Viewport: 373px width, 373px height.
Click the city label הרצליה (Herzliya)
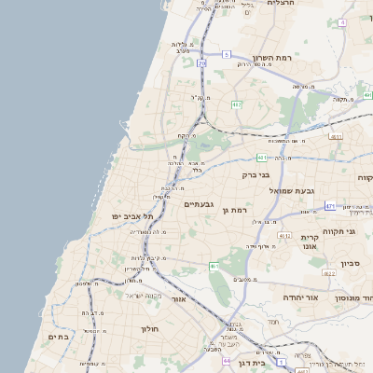(x=280, y=4)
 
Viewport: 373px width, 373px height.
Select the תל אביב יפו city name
(x=120, y=216)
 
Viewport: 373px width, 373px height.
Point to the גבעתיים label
(x=200, y=204)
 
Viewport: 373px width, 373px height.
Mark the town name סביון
(x=356, y=263)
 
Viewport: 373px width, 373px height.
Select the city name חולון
(x=151, y=329)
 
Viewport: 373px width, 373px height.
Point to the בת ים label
(x=58, y=338)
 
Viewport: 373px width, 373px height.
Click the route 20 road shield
(x=200, y=62)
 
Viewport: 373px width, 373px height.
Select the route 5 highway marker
(x=226, y=55)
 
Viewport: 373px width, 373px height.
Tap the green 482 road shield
(x=236, y=104)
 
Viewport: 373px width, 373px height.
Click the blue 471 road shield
(x=330, y=205)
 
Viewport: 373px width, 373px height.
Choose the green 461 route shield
(x=214, y=268)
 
